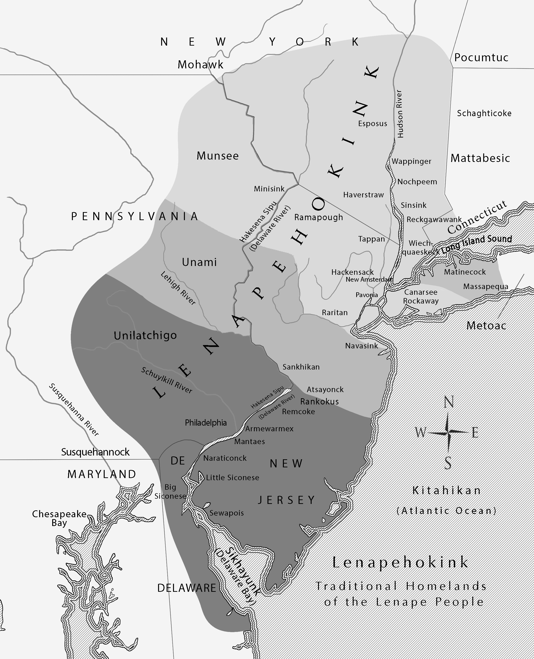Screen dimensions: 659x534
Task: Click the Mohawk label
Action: (x=200, y=65)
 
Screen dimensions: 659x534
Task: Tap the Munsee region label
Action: (x=217, y=156)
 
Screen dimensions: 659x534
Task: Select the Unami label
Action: (x=199, y=262)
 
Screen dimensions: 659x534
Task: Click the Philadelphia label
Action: (x=206, y=423)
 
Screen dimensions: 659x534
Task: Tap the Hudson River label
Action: (x=400, y=114)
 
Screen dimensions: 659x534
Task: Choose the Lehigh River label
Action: (x=178, y=288)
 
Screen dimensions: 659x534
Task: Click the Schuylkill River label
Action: (x=167, y=380)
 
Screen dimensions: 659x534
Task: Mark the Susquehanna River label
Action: (x=74, y=409)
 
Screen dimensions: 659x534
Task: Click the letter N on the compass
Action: (x=449, y=402)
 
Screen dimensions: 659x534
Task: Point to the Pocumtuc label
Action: (x=481, y=57)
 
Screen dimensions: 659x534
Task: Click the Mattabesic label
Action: (x=480, y=158)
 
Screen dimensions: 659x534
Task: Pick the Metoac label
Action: (x=486, y=325)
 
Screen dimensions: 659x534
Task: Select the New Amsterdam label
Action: (x=369, y=280)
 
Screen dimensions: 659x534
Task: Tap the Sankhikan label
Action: (x=301, y=367)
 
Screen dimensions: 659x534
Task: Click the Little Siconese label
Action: (x=232, y=478)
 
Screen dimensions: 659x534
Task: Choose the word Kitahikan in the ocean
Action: (x=446, y=490)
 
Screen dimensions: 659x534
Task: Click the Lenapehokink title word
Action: (x=401, y=562)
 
